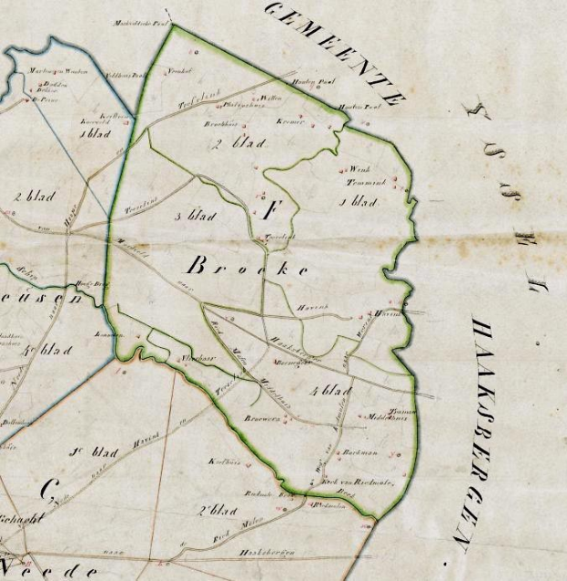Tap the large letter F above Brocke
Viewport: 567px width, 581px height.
[269, 213]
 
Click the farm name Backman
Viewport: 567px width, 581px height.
[362, 452]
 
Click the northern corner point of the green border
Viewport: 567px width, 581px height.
[172, 25]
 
